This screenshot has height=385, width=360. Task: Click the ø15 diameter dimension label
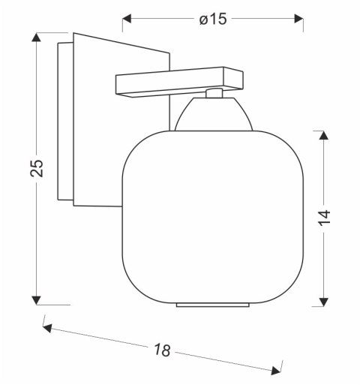(x=213, y=19)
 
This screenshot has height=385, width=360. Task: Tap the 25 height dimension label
(x=37, y=168)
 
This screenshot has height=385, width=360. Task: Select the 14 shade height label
(x=324, y=218)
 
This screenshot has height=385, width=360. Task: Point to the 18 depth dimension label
(x=162, y=350)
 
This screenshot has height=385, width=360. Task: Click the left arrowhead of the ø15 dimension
(x=127, y=19)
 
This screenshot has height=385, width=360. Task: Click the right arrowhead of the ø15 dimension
(x=299, y=19)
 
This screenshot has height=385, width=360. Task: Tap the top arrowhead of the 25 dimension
(x=37, y=37)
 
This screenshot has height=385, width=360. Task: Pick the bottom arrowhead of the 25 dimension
(x=37, y=300)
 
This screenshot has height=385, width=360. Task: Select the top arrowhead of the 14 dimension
(x=324, y=135)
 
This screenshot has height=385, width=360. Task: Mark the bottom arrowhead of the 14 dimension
(x=324, y=302)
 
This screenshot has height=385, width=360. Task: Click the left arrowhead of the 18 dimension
(x=47, y=328)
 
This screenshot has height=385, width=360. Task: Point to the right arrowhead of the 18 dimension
(x=276, y=371)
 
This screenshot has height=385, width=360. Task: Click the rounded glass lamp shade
(x=213, y=217)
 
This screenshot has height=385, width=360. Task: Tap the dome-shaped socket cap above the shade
(x=214, y=114)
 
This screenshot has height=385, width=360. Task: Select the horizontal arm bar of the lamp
(x=179, y=82)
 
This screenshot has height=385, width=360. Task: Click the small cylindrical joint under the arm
(x=214, y=93)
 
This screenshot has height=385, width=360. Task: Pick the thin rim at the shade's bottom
(x=213, y=305)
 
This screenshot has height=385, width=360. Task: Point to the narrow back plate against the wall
(x=65, y=122)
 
